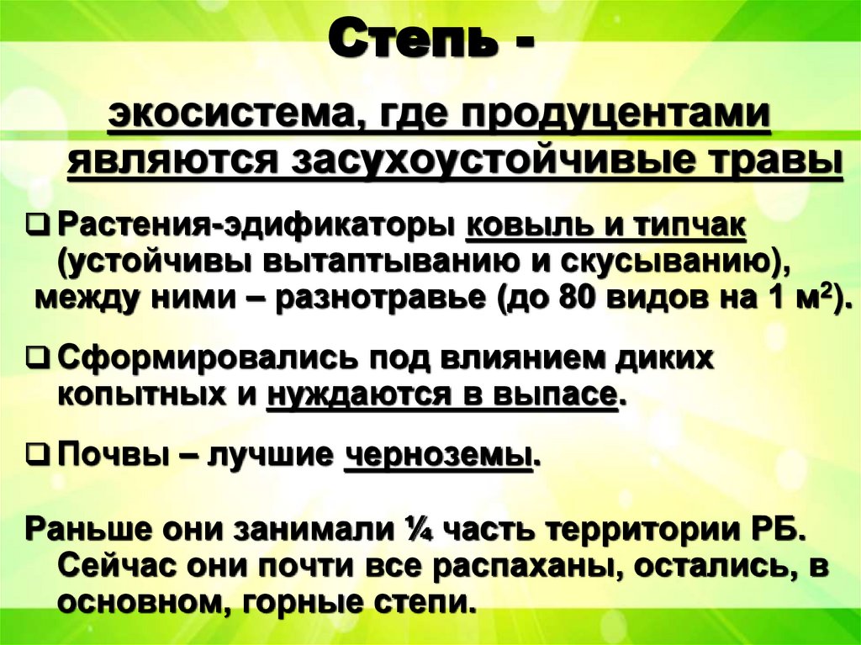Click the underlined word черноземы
point(438,457)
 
